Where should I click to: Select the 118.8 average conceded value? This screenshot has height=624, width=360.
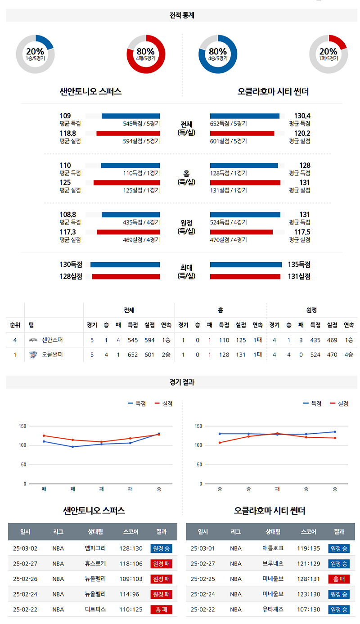tap(68, 134)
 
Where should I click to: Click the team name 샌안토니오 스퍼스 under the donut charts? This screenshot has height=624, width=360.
tap(90, 92)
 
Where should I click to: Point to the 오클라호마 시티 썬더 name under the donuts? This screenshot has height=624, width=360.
tap(273, 92)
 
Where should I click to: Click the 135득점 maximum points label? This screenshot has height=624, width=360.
tap(299, 265)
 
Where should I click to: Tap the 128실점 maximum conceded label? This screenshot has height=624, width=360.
tap(71, 277)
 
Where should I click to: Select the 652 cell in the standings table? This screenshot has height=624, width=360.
tap(133, 355)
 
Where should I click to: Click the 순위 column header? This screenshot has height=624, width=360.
tap(15, 325)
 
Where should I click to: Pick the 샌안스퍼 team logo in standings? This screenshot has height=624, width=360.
tap(33, 340)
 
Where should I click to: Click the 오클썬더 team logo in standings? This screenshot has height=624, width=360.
tap(33, 355)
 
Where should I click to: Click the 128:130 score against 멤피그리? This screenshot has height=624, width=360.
tap(131, 548)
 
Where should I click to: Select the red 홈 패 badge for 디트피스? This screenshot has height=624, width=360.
tap(161, 610)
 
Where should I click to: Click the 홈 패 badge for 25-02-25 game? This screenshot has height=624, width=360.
tap(339, 579)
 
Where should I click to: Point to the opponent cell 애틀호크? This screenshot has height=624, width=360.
tap(273, 548)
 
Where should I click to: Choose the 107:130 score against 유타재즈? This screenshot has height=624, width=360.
tap(309, 610)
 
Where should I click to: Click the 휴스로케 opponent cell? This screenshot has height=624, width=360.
tap(95, 564)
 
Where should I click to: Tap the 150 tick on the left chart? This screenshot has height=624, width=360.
tap(22, 426)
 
